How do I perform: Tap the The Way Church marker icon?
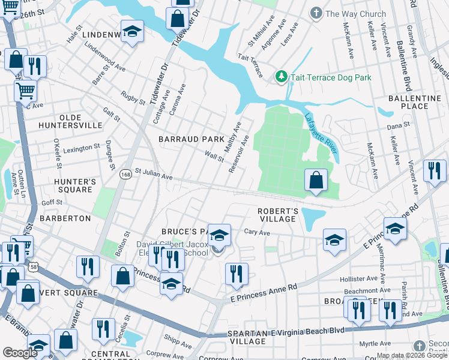(x=316, y=13)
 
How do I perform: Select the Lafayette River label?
(x=322, y=137)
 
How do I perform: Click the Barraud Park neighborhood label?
(x=191, y=139)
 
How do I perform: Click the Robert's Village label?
(x=278, y=215)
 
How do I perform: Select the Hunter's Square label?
(x=71, y=185)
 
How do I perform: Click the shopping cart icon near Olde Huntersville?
(x=26, y=91)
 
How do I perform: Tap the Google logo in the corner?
(x=20, y=353)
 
